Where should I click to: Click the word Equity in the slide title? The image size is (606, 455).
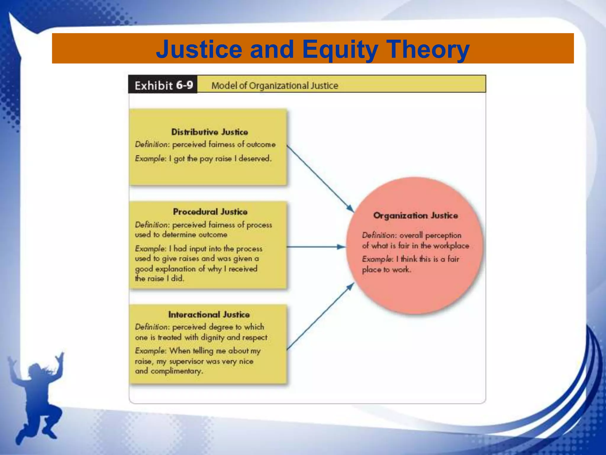pyautogui.click(x=340, y=49)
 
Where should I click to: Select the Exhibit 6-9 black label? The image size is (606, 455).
pyautogui.click(x=163, y=85)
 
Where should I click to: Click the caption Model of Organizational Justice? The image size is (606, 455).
pyautogui.click(x=275, y=86)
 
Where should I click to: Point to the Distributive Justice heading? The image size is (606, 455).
pyautogui.click(x=209, y=132)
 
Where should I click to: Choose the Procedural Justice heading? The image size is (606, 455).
pyautogui.click(x=210, y=212)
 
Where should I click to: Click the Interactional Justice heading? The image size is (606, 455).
pyautogui.click(x=209, y=314)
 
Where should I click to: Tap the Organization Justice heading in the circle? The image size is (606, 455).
pyautogui.click(x=415, y=215)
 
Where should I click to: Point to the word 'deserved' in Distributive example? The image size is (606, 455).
pyautogui.click(x=254, y=158)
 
